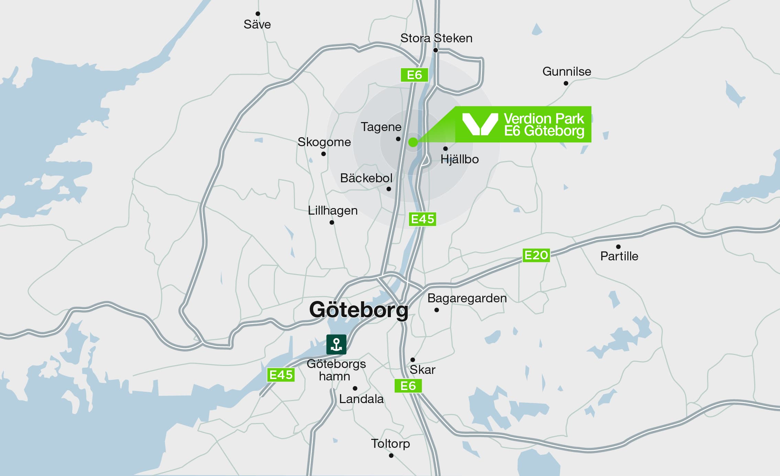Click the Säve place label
coord(257,24)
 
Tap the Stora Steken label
coord(436,38)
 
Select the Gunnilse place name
coord(567,72)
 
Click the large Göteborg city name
coord(359,310)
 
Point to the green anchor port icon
coord(336,344)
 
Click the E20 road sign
coord(536,255)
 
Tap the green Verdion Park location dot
coord(413,142)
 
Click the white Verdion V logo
coord(480,124)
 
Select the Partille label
coord(619,256)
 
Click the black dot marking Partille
coord(618,247)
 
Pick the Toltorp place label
coord(390,444)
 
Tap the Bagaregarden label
coord(467,298)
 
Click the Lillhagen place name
coord(332,210)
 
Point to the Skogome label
coord(324,142)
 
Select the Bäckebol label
coord(366,178)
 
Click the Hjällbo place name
coord(460,159)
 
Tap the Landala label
coord(361,399)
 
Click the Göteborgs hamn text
coord(336,370)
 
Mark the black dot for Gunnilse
coord(566,83)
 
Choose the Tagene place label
coord(381,127)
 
